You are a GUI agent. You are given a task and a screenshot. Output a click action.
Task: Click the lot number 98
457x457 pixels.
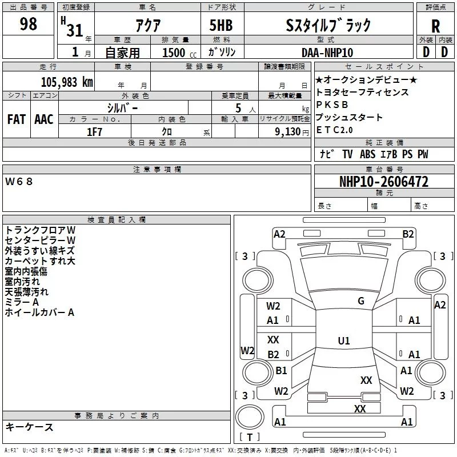coord(29,25)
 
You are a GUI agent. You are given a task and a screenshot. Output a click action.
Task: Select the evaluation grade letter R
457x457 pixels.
coord(435,26)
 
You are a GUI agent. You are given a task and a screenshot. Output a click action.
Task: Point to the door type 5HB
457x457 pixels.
coord(221,25)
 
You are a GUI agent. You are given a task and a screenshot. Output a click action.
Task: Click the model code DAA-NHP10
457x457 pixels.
coord(327,52)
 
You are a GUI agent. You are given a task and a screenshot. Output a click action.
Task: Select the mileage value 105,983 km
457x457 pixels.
coord(66,82)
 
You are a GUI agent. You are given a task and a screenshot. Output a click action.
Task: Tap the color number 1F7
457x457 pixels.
coord(94,131)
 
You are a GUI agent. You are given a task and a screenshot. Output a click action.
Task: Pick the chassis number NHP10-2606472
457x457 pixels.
coord(383,182)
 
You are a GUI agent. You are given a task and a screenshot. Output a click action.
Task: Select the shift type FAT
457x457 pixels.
coord(17,119)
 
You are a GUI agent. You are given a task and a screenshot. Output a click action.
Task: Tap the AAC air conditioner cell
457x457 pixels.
coord(43,119)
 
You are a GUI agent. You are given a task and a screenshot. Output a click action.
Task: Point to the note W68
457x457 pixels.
coord(19,181)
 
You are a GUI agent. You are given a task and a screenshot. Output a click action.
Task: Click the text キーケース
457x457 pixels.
coord(29,427)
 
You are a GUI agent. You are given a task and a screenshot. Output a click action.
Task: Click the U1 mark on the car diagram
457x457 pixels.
coord(343,340)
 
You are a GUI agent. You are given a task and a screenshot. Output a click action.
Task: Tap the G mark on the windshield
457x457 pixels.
coord(360,301)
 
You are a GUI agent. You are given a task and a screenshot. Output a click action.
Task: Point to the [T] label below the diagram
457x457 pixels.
coord(249,437)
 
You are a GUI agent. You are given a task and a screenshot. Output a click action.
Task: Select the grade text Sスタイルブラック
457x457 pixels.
coord(328,25)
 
